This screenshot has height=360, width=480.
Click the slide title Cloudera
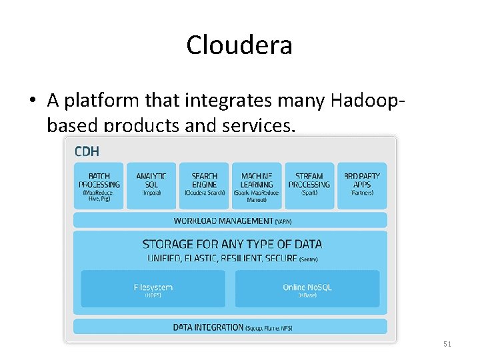[239, 45]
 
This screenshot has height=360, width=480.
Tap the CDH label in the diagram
[87, 151]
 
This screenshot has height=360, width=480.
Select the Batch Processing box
[99, 185]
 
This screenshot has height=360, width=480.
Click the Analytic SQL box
[151, 185]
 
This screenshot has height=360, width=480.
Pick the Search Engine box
[204, 185]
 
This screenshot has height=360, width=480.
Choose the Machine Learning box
[257, 185]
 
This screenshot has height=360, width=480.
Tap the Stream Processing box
[309, 185]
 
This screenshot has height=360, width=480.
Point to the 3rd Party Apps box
[362, 185]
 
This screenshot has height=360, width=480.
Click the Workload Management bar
[230, 221]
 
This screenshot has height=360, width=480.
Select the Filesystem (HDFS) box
[153, 289]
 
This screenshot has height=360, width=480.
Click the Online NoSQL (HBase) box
[307, 289]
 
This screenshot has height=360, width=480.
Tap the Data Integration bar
[230, 327]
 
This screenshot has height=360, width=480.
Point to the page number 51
[447, 344]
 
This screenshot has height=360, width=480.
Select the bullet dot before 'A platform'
[32, 101]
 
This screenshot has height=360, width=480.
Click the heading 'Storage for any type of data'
[232, 244]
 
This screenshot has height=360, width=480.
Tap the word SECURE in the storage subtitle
[281, 258]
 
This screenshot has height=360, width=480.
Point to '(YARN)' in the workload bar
[283, 221]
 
